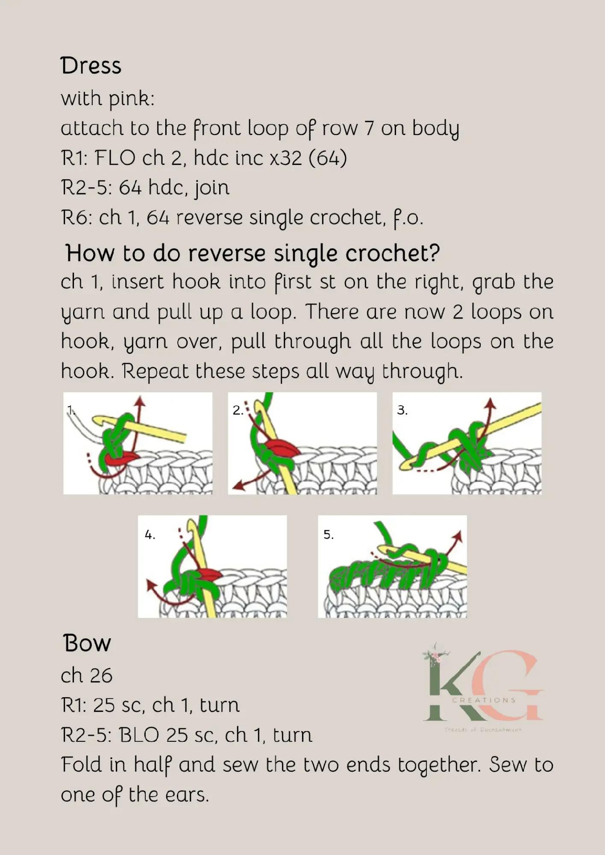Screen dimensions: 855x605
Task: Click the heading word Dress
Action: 91,66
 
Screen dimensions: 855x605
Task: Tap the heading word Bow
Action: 87,643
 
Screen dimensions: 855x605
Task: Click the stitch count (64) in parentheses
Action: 327,158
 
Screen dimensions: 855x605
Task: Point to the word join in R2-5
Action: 212,188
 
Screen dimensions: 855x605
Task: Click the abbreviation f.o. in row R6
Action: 408,218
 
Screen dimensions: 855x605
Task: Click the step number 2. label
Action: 238,410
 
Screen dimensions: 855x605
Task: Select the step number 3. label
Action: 402,410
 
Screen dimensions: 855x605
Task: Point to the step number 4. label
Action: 150,535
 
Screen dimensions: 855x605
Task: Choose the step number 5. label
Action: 329,535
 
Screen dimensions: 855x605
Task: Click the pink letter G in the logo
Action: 513,684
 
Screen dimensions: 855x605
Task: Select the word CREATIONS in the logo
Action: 484,700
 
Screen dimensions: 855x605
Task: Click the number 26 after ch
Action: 101,676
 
